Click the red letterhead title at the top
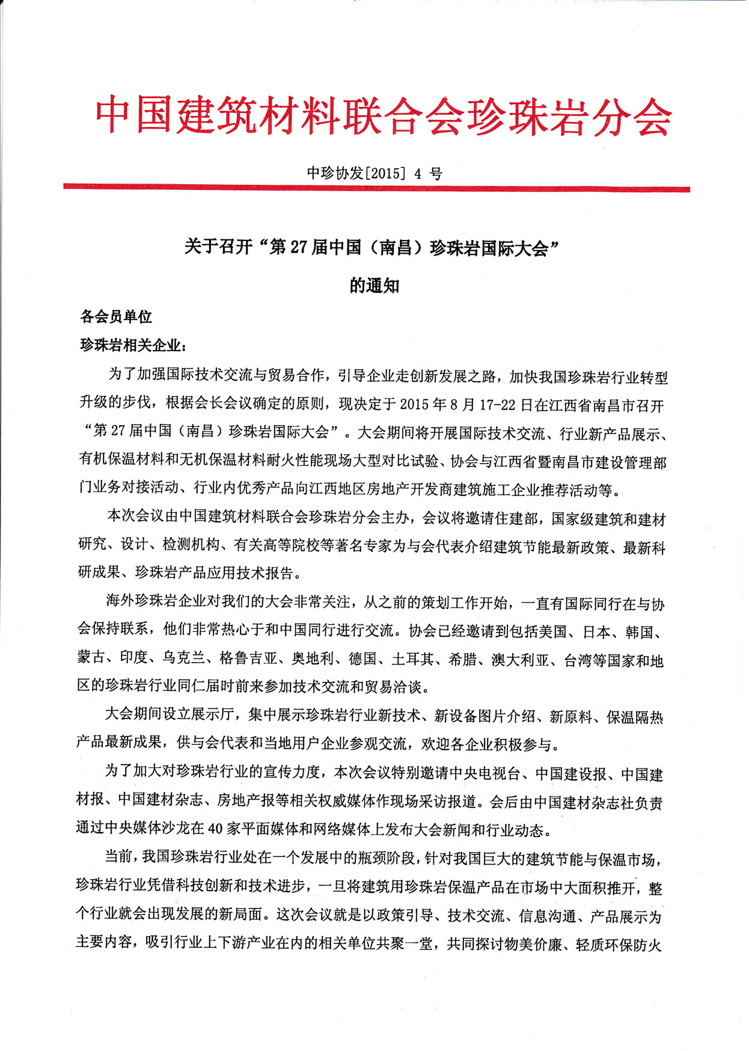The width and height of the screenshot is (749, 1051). coord(383,116)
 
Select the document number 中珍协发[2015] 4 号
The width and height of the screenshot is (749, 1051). coord(374,173)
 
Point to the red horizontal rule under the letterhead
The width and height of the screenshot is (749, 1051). coord(376,189)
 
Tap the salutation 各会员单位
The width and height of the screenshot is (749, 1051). coord(116,317)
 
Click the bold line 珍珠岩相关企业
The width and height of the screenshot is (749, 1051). coord(130,345)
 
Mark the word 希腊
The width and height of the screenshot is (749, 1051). coord(463,659)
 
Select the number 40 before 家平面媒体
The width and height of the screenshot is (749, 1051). coord(216,830)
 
